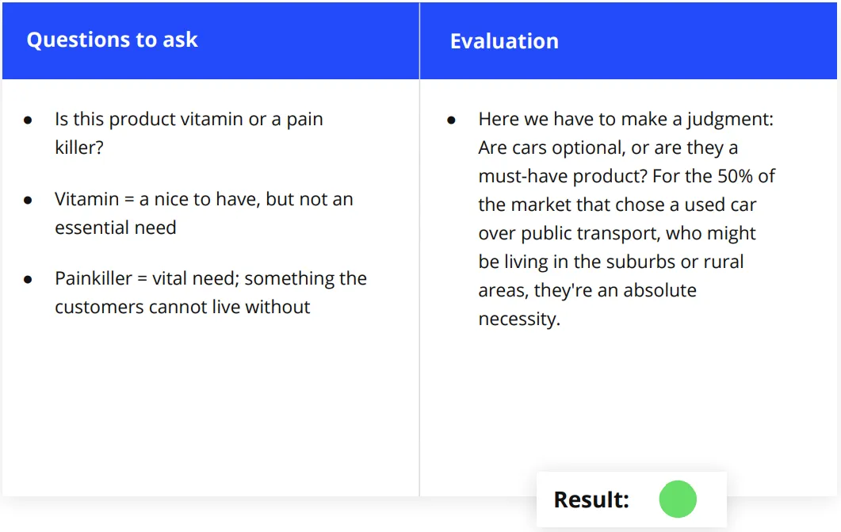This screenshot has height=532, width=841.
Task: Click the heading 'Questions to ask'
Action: (x=112, y=40)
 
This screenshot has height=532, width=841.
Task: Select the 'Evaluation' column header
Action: (x=504, y=41)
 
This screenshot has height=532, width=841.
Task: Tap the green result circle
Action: (x=678, y=499)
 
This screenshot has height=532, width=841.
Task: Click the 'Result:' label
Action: (x=591, y=499)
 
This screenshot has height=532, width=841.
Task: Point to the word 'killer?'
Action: (x=78, y=147)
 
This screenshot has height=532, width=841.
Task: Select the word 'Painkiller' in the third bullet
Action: (x=94, y=278)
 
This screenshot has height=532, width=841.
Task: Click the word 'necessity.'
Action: (x=519, y=320)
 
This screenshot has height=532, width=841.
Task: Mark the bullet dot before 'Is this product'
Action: (x=28, y=121)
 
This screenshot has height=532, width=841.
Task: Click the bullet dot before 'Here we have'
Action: (x=451, y=121)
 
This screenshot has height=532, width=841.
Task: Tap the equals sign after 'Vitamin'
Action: (x=129, y=200)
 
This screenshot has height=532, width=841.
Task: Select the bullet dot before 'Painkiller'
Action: (x=28, y=279)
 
